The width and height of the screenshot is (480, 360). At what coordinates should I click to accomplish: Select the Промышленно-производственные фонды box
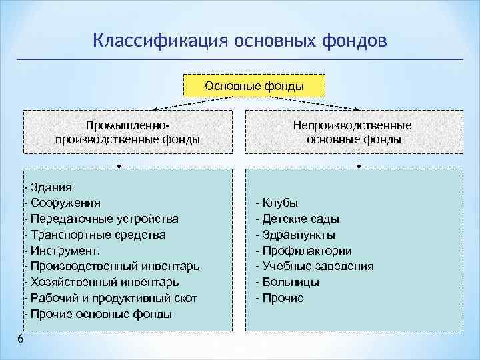[x=127, y=133]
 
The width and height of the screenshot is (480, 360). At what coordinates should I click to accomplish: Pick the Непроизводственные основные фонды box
[x=353, y=133]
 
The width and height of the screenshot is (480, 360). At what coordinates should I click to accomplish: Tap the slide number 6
[x=21, y=340]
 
